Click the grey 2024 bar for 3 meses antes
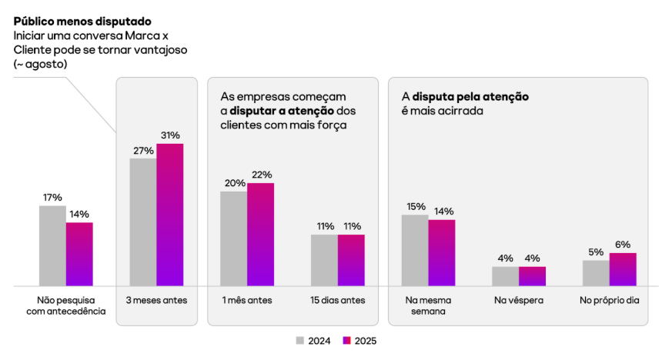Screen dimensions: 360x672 pyautogui.click(x=142, y=222)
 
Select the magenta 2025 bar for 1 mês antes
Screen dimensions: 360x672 pyautogui.click(x=260, y=235)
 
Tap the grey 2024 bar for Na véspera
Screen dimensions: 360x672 pyautogui.click(x=505, y=276)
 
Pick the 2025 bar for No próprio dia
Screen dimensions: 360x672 pyautogui.click(x=623, y=269)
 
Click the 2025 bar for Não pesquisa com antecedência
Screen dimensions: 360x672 pyautogui.click(x=79, y=254)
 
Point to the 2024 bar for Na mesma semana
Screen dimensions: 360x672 pyautogui.click(x=415, y=250)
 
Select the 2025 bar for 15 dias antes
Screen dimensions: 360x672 pyautogui.click(x=351, y=260)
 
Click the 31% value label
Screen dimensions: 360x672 pyautogui.click(x=170, y=135)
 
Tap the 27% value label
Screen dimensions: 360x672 pyautogui.click(x=143, y=151)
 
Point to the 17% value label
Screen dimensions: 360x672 pyautogui.click(x=52, y=198)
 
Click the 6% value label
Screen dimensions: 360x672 pyautogui.click(x=623, y=245)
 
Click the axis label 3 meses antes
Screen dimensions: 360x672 pyautogui.click(x=156, y=300)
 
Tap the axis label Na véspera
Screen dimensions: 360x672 pyautogui.click(x=519, y=300)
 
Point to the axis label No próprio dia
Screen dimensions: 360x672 pyautogui.click(x=610, y=300)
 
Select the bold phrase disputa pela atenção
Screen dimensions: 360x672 pyautogui.click(x=470, y=97)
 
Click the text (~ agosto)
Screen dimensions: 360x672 pyautogui.click(x=41, y=64)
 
